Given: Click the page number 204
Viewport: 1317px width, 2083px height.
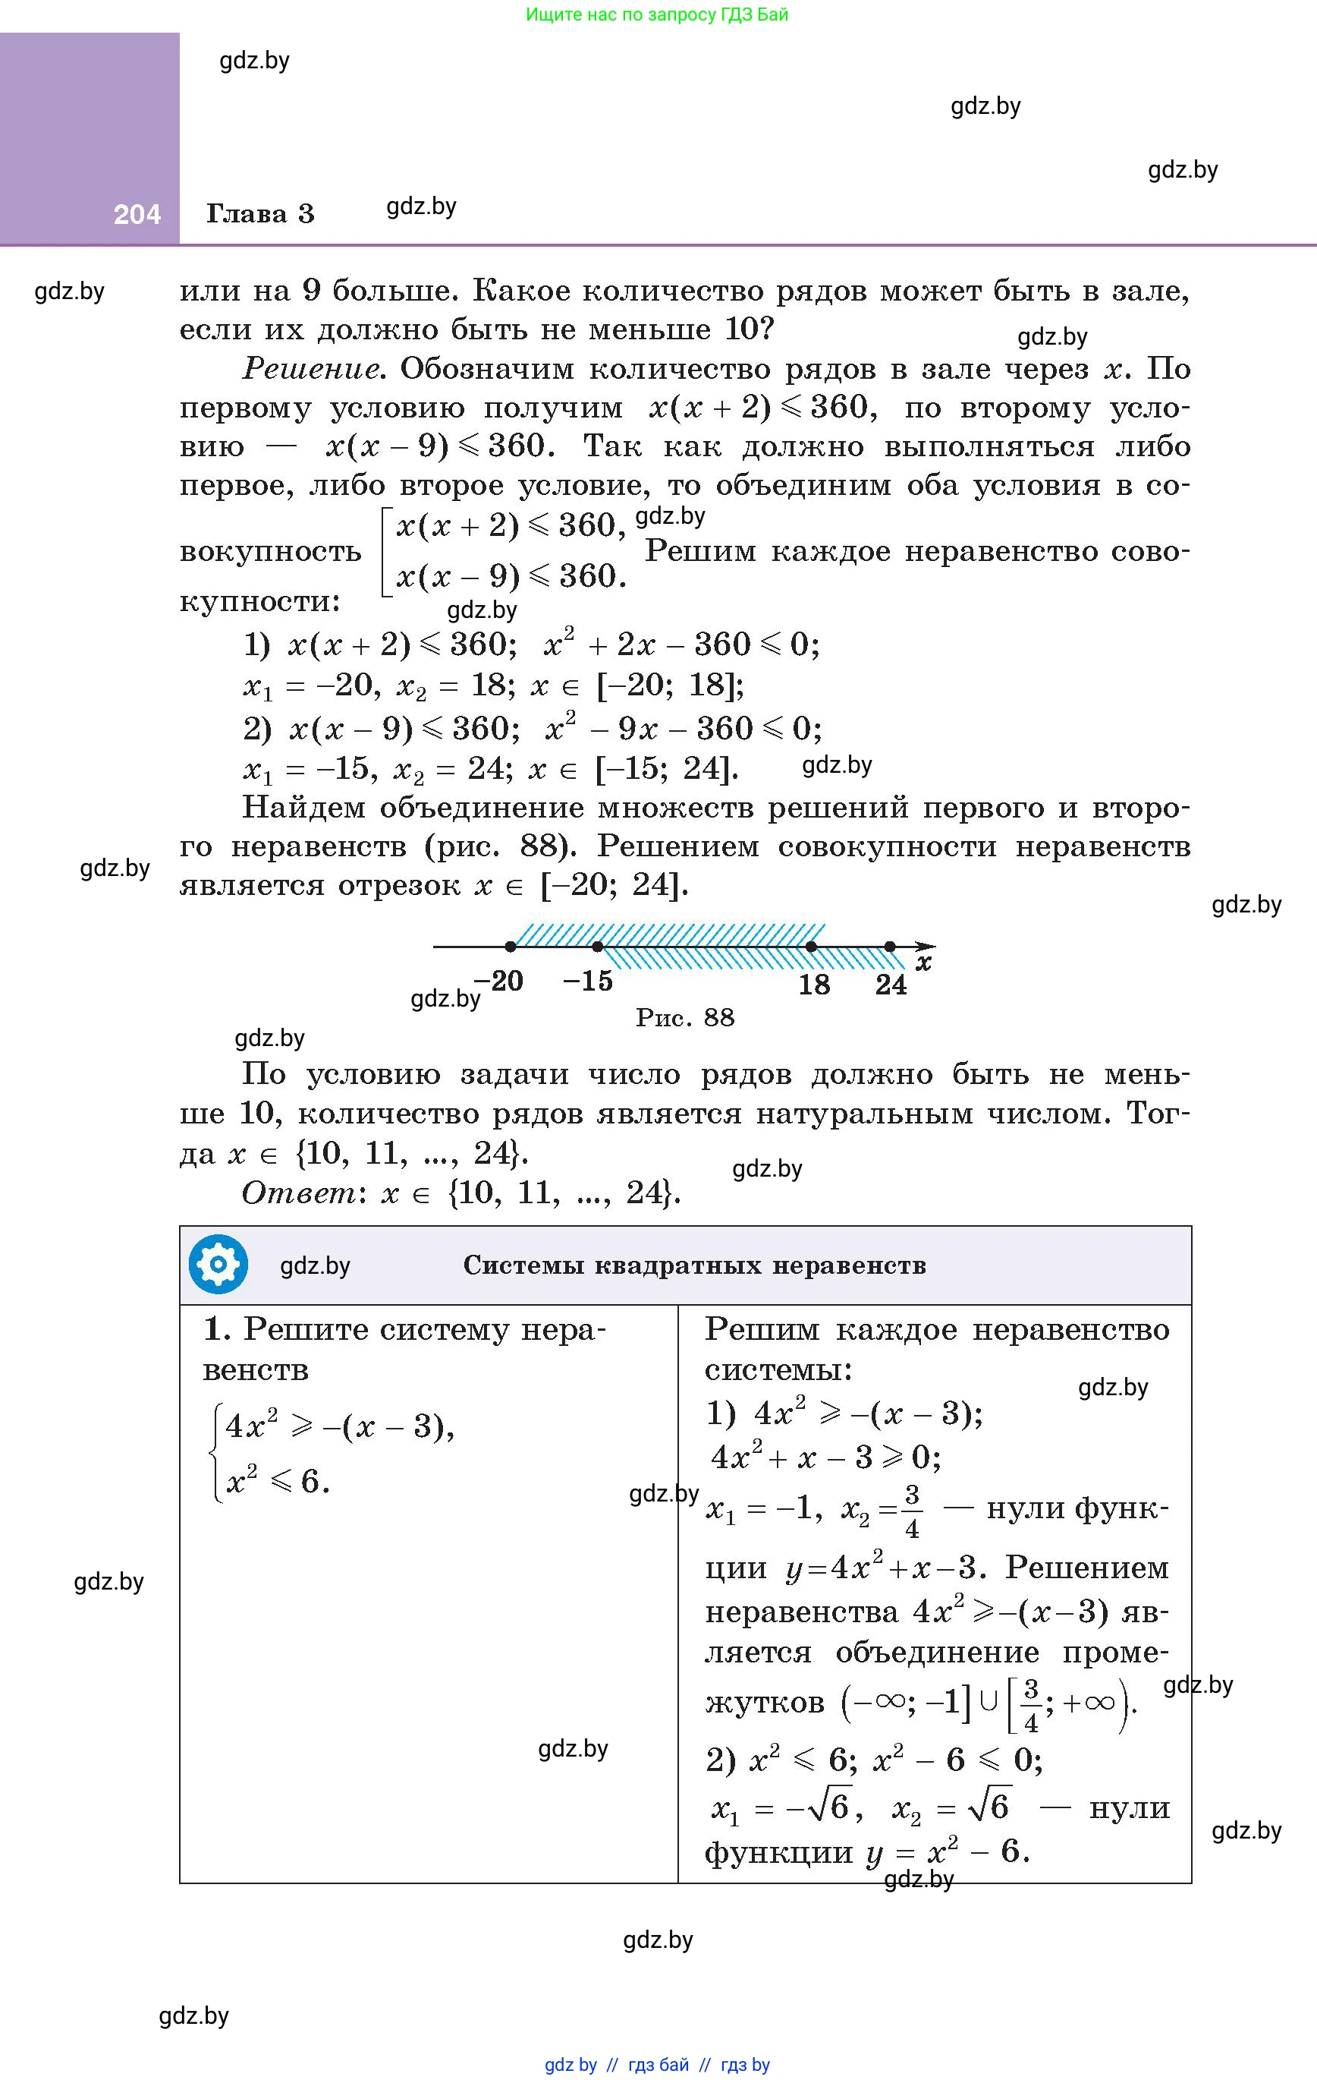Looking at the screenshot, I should (137, 215).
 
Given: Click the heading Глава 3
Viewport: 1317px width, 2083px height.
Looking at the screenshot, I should (259, 213).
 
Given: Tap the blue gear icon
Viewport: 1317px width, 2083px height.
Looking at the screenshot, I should (218, 1265).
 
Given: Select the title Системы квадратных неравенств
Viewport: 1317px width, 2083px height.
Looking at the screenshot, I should (694, 1265).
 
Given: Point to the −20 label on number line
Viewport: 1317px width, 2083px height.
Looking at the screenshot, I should (499, 981).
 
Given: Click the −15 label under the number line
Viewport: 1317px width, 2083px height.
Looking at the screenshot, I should (587, 981).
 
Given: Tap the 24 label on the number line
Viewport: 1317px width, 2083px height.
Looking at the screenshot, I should (891, 985).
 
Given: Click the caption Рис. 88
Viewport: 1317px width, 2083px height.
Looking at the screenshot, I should (685, 1017).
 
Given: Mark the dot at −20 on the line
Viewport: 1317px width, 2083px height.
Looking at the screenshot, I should (511, 947).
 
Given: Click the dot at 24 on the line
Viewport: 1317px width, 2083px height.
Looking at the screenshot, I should (890, 947).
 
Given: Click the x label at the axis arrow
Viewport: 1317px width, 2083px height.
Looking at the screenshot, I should (923, 963).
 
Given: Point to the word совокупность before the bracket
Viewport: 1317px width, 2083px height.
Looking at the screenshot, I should (271, 551).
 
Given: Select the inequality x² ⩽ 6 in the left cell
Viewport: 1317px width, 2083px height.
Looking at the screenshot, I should (277, 1482).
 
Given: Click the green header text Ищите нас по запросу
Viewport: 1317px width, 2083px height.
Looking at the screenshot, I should (656, 14).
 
